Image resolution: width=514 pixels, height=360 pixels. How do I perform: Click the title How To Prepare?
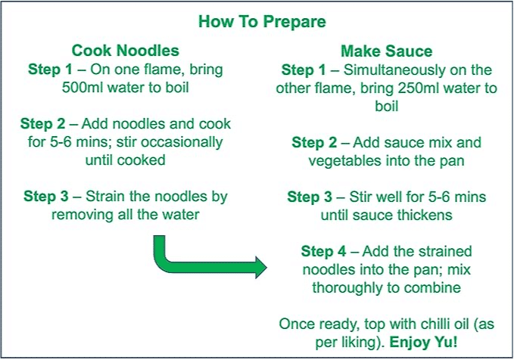tap(262, 22)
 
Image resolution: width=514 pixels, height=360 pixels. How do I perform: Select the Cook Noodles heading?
tap(125, 51)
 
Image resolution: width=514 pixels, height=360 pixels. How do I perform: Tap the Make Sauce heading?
tap(387, 51)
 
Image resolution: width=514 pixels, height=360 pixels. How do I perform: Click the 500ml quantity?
tap(83, 88)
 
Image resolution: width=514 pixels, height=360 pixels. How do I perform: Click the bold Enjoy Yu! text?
tap(423, 343)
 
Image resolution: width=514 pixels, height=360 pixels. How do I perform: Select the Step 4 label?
tap(323, 252)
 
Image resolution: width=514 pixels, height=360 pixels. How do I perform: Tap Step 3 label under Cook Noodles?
tap(46, 197)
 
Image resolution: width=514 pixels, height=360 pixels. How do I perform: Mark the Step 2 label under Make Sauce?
tap(314, 143)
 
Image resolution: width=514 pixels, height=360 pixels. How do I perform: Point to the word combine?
tap(432, 288)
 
